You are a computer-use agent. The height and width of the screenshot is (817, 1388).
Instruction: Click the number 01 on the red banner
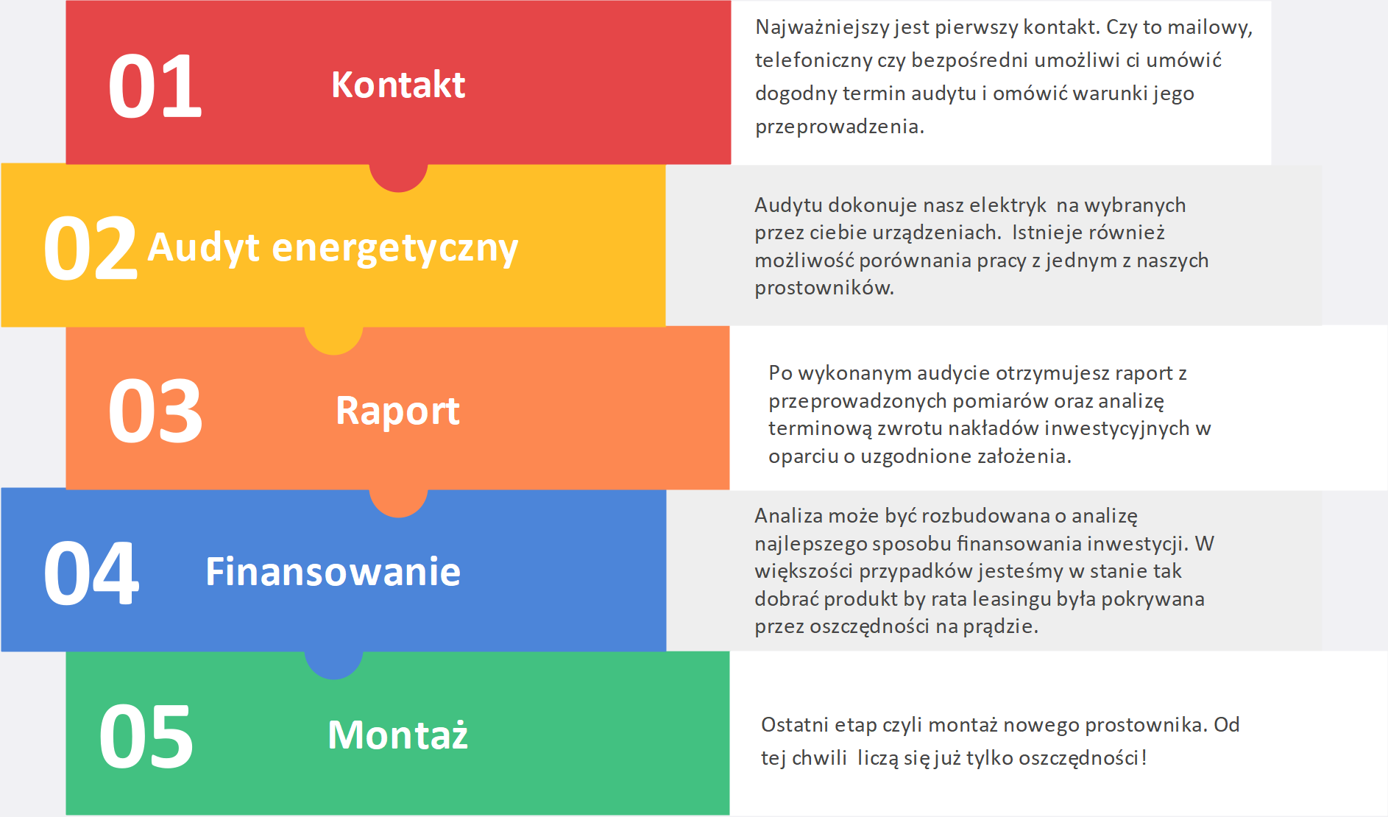(155, 87)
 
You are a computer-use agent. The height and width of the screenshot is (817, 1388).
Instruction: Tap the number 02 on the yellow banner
(91, 249)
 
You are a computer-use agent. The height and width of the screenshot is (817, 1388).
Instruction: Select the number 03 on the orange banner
(155, 411)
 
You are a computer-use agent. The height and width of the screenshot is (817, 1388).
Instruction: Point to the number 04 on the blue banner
(91, 573)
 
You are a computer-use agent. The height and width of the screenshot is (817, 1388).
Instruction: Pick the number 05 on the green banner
(146, 736)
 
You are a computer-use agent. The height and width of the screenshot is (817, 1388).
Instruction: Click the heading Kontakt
(398, 85)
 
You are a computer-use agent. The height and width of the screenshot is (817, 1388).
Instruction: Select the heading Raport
(398, 411)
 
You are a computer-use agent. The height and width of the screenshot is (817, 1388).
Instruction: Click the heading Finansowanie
(333, 572)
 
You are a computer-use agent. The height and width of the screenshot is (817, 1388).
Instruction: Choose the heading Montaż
(398, 735)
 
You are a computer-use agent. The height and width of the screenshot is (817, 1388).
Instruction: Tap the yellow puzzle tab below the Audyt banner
(333, 340)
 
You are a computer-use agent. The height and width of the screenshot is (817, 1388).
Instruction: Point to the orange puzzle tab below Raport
(398, 503)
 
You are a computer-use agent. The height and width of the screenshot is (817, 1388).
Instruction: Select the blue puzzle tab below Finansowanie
(333, 665)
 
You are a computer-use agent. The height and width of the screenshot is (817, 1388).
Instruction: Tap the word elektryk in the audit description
(1008, 205)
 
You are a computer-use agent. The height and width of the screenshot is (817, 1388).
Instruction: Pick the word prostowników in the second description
(824, 288)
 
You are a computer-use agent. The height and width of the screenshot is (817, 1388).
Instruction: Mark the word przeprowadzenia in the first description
(840, 127)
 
